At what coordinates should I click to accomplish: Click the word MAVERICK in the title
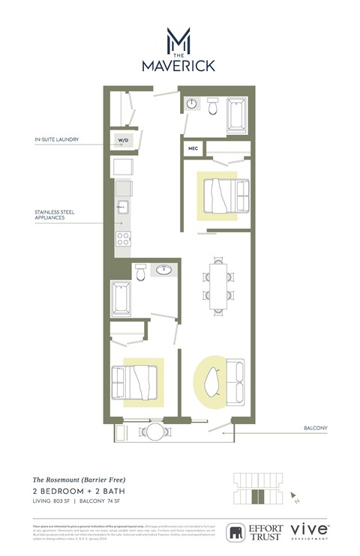(x=179, y=65)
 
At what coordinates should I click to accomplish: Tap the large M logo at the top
(x=179, y=39)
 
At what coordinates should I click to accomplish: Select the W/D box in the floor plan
(x=122, y=140)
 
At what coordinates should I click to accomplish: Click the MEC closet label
(x=192, y=148)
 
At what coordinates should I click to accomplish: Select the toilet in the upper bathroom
(x=213, y=109)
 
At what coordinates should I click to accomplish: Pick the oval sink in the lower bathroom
(x=163, y=270)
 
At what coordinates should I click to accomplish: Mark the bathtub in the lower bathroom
(x=121, y=297)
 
